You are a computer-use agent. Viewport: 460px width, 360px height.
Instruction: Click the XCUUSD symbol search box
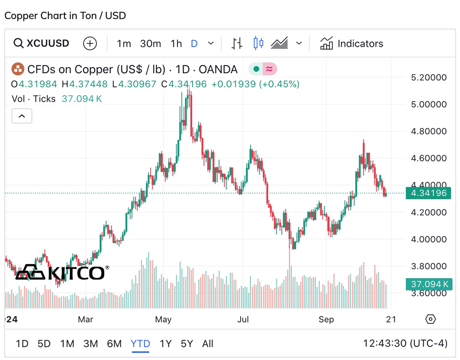coord(42,44)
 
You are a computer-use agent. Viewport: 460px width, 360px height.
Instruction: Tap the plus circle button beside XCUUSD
coord(90,44)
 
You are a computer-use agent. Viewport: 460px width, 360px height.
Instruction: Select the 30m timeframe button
coord(150,44)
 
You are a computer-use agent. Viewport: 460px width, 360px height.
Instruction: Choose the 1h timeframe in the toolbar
coord(176,44)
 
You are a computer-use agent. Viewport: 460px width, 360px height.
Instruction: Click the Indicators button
coord(352,44)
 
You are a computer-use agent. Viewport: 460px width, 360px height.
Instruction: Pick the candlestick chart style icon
coord(259,44)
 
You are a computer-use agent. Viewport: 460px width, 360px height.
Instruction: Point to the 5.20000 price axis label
coord(428,77)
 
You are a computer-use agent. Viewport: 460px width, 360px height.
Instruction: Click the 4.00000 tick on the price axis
coord(428,239)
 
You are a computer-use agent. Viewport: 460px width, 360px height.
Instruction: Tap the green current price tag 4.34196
coord(428,193)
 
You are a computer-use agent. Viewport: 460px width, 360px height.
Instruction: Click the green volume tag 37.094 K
coord(428,284)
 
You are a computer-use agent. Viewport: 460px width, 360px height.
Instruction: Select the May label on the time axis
coord(163,319)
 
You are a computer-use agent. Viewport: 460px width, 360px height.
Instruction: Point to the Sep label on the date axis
coord(326,319)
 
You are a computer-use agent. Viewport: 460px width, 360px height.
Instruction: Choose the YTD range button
coord(140,343)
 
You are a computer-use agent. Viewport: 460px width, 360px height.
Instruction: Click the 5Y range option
coord(187,343)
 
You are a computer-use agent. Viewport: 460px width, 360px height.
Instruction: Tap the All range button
coord(207,343)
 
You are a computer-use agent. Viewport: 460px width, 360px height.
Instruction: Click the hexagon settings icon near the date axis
coord(431,319)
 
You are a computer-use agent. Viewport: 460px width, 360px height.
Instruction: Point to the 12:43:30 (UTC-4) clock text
coord(405,343)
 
